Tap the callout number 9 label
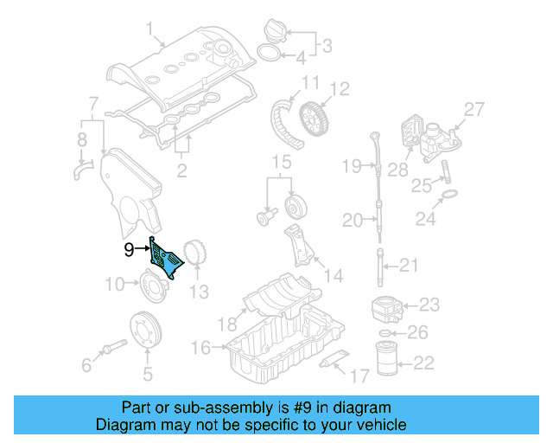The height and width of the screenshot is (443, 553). (x=130, y=250)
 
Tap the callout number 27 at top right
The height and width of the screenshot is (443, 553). (x=474, y=109)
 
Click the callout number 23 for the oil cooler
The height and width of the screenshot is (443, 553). (x=429, y=305)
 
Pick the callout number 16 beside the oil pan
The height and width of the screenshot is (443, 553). (x=200, y=348)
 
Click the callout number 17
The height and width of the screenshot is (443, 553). (x=359, y=376)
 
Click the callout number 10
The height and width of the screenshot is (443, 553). (x=115, y=284)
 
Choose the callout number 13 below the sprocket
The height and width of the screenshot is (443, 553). (x=199, y=292)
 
